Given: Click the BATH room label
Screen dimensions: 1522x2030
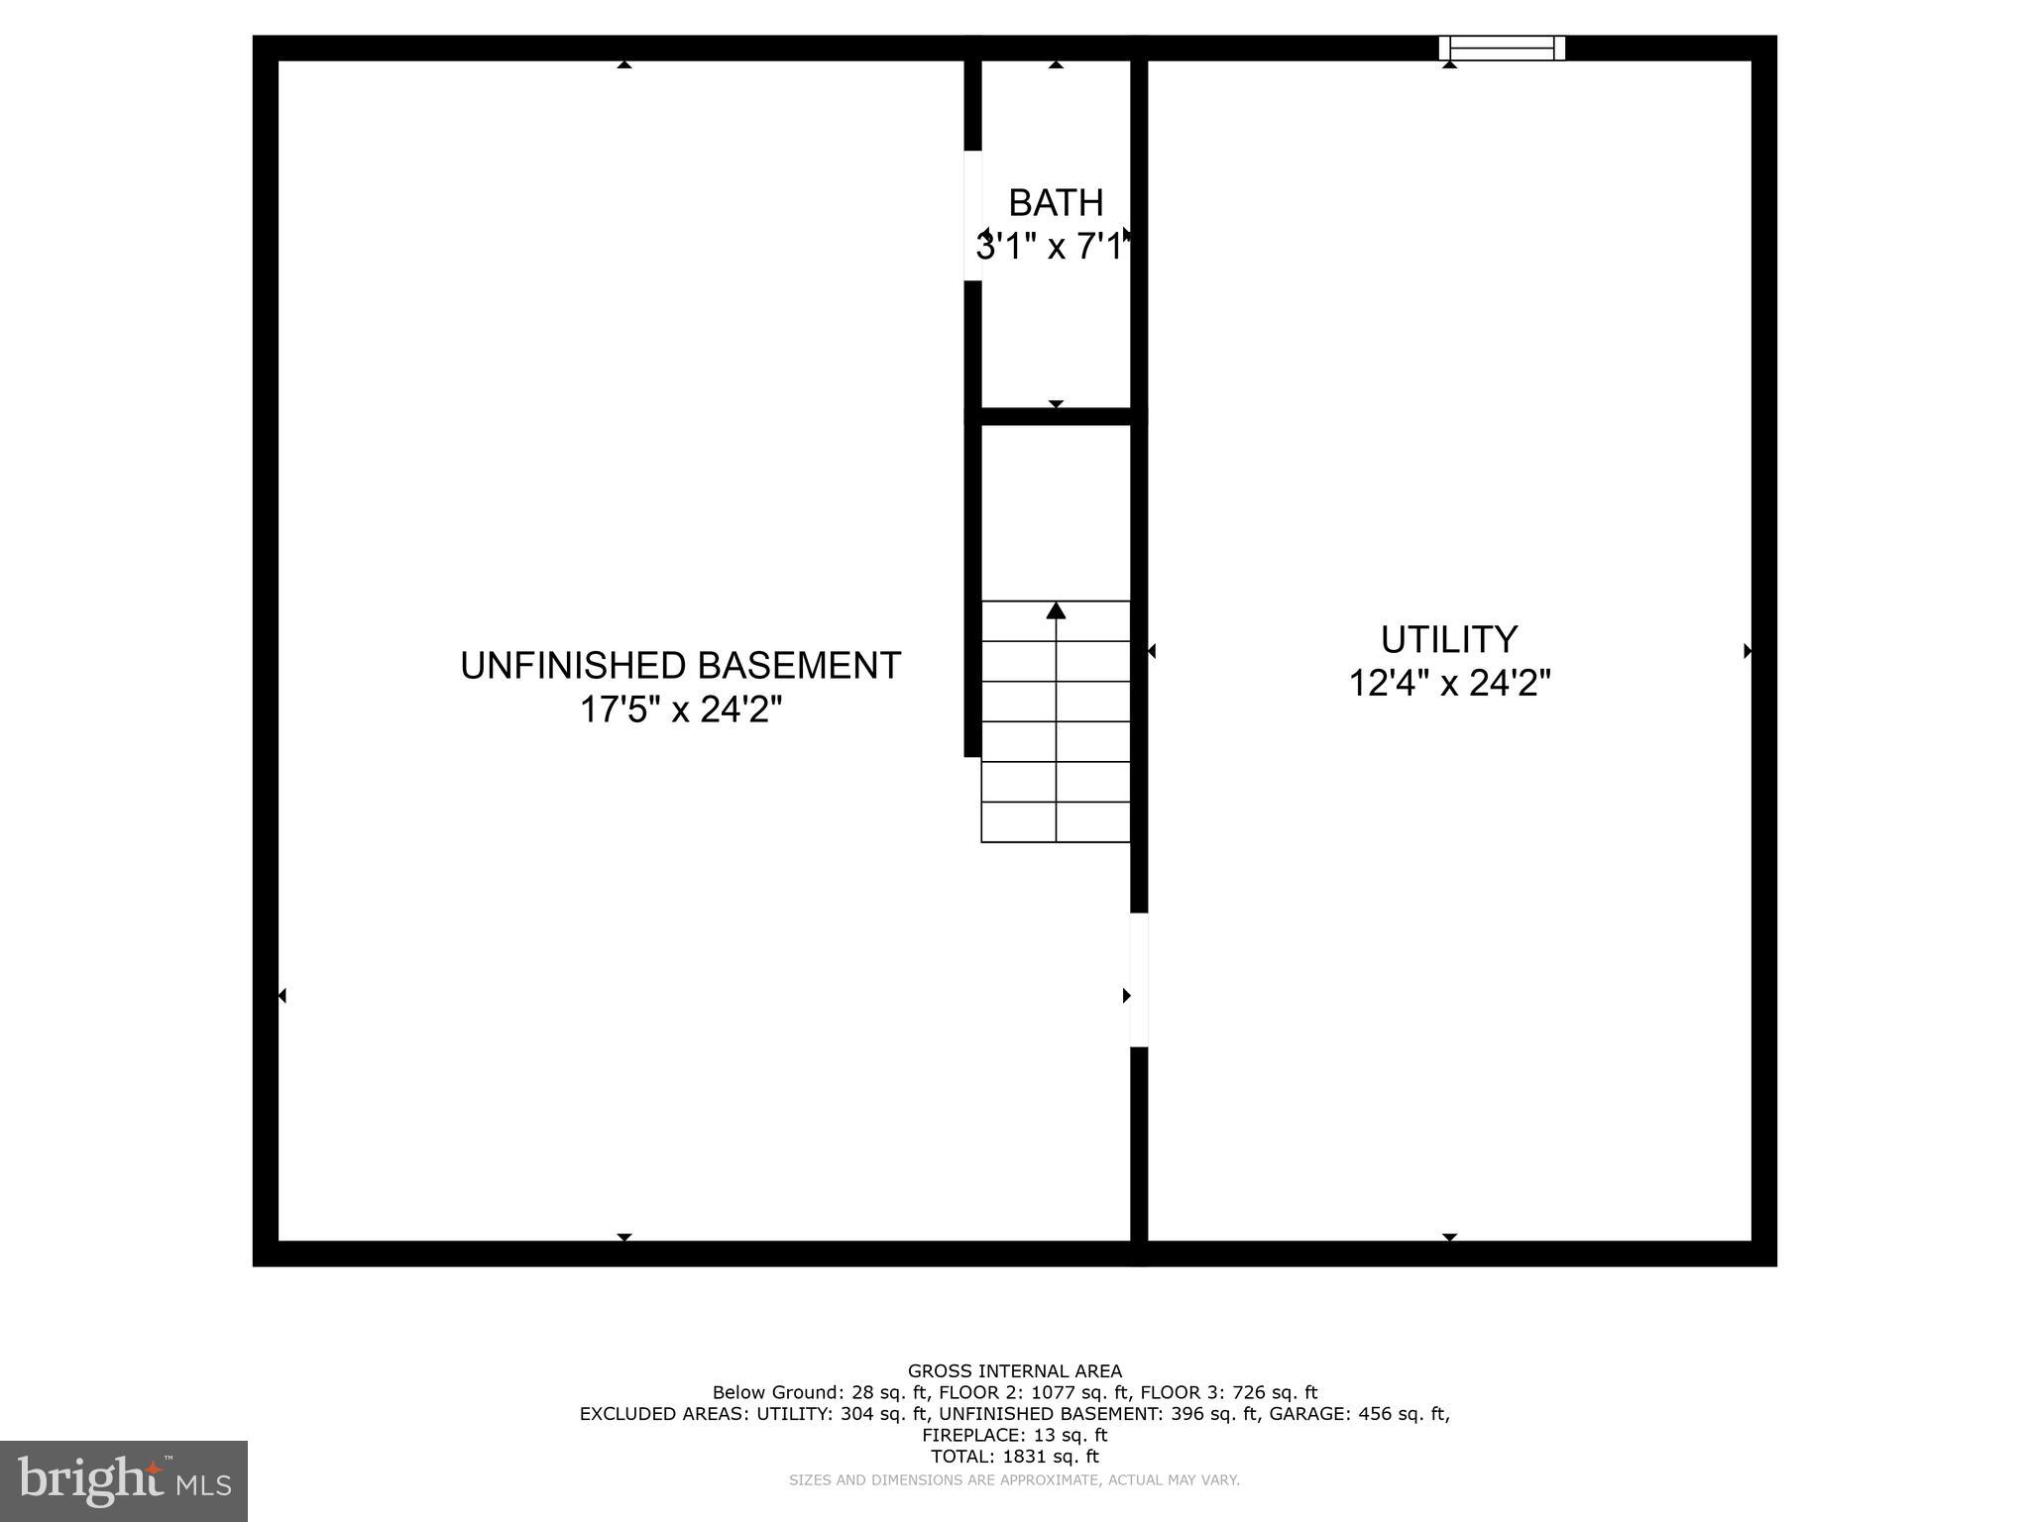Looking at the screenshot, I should point(1056,203).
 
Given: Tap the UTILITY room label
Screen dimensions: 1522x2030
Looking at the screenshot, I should point(1449,640).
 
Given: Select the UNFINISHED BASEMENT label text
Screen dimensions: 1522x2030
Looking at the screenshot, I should point(680,666).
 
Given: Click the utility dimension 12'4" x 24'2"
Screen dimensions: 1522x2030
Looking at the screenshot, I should point(1449,684).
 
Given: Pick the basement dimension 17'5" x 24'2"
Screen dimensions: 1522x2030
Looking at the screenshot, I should point(680,709).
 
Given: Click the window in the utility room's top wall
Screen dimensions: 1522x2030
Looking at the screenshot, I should point(1502,48).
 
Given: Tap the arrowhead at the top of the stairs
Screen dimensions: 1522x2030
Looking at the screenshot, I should point(1056,610).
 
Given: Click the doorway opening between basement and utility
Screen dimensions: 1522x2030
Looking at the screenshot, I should point(1139,979).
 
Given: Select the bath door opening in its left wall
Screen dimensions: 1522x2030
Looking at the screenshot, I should point(973,215).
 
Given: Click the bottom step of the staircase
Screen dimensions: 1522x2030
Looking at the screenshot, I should point(1056,822).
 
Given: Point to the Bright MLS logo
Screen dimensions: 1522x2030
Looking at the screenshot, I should point(124,1480).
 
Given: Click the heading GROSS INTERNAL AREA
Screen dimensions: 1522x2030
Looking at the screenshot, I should point(1015,1371).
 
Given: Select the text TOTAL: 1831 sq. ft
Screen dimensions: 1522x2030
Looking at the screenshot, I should point(1015,1457).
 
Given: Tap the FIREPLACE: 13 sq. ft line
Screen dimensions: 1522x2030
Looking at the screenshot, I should point(1015,1435).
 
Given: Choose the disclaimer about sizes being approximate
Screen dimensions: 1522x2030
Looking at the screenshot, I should point(1014,1480).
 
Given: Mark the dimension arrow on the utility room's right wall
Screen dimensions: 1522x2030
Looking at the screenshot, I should point(1748,651).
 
